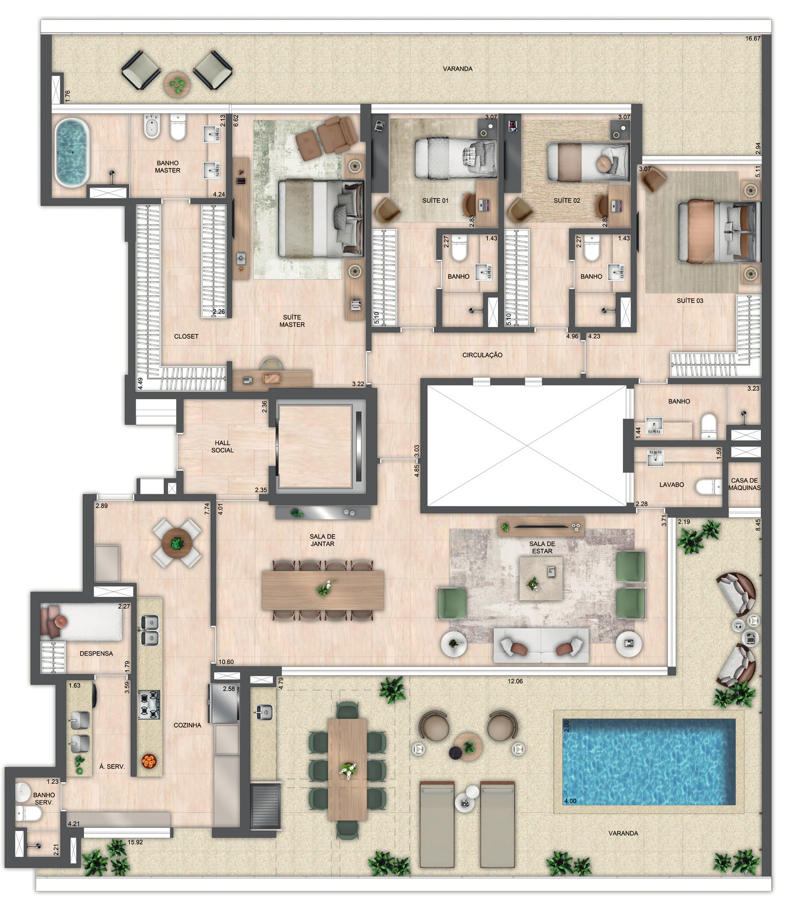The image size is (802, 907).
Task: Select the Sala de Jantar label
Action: (322, 540)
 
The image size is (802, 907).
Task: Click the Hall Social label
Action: (222, 446)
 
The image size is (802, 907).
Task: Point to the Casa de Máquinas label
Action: (744, 484)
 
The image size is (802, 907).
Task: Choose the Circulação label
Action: (482, 355)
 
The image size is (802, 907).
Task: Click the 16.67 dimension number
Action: (753, 39)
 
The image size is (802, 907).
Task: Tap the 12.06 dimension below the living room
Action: (515, 681)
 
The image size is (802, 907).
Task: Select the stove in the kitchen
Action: (149, 704)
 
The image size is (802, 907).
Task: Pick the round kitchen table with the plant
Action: (177, 543)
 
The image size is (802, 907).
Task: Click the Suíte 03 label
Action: (690, 301)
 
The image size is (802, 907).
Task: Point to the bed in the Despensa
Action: (82, 621)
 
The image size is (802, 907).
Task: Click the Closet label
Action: (186, 336)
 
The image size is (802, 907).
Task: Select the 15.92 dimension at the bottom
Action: (135, 842)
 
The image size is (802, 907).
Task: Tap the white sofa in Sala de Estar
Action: (541, 645)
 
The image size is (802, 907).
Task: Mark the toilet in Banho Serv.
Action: (29, 813)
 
